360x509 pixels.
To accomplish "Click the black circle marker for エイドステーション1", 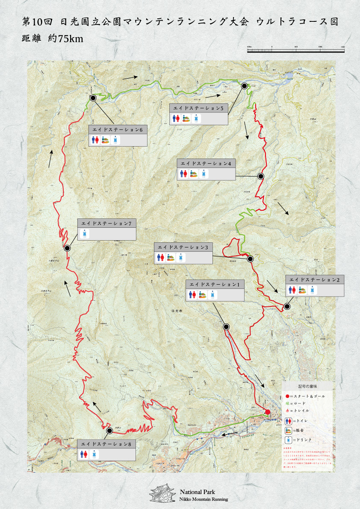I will pyautogui.click(x=226, y=327).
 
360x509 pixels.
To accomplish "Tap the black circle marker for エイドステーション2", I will pyautogui.click(x=287, y=306).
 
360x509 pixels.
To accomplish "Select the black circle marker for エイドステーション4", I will pyautogui.click(x=261, y=176).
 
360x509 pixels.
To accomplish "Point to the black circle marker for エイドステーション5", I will pyautogui.click(x=244, y=86).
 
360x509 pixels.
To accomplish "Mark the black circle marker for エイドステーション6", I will pyautogui.click(x=93, y=98).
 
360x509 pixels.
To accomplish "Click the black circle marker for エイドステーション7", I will pyautogui.click(x=67, y=248).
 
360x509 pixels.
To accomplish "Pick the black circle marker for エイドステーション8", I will pyautogui.click(x=109, y=432).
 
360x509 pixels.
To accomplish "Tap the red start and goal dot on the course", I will pyautogui.click(x=268, y=412).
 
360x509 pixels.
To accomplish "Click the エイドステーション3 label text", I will pyautogui.click(x=183, y=247).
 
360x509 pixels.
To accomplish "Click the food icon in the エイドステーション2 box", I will pyautogui.click(x=303, y=290).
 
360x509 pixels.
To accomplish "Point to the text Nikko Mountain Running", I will pyautogui.click(x=204, y=499).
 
